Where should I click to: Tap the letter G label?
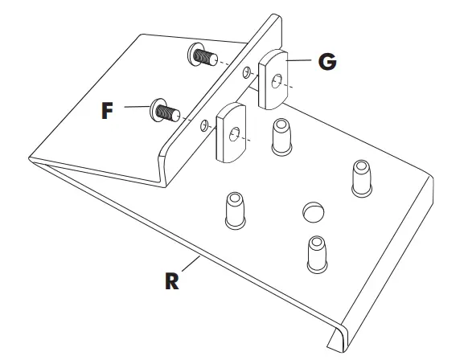coord(326,61)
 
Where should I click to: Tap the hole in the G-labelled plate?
coord(277,80)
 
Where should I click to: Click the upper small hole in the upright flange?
coord(245,74)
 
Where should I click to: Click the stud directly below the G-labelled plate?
coord(281,137)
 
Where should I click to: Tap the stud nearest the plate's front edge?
coord(314,254)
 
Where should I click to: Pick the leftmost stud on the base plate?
coord(234,210)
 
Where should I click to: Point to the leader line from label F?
coord(133,109)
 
